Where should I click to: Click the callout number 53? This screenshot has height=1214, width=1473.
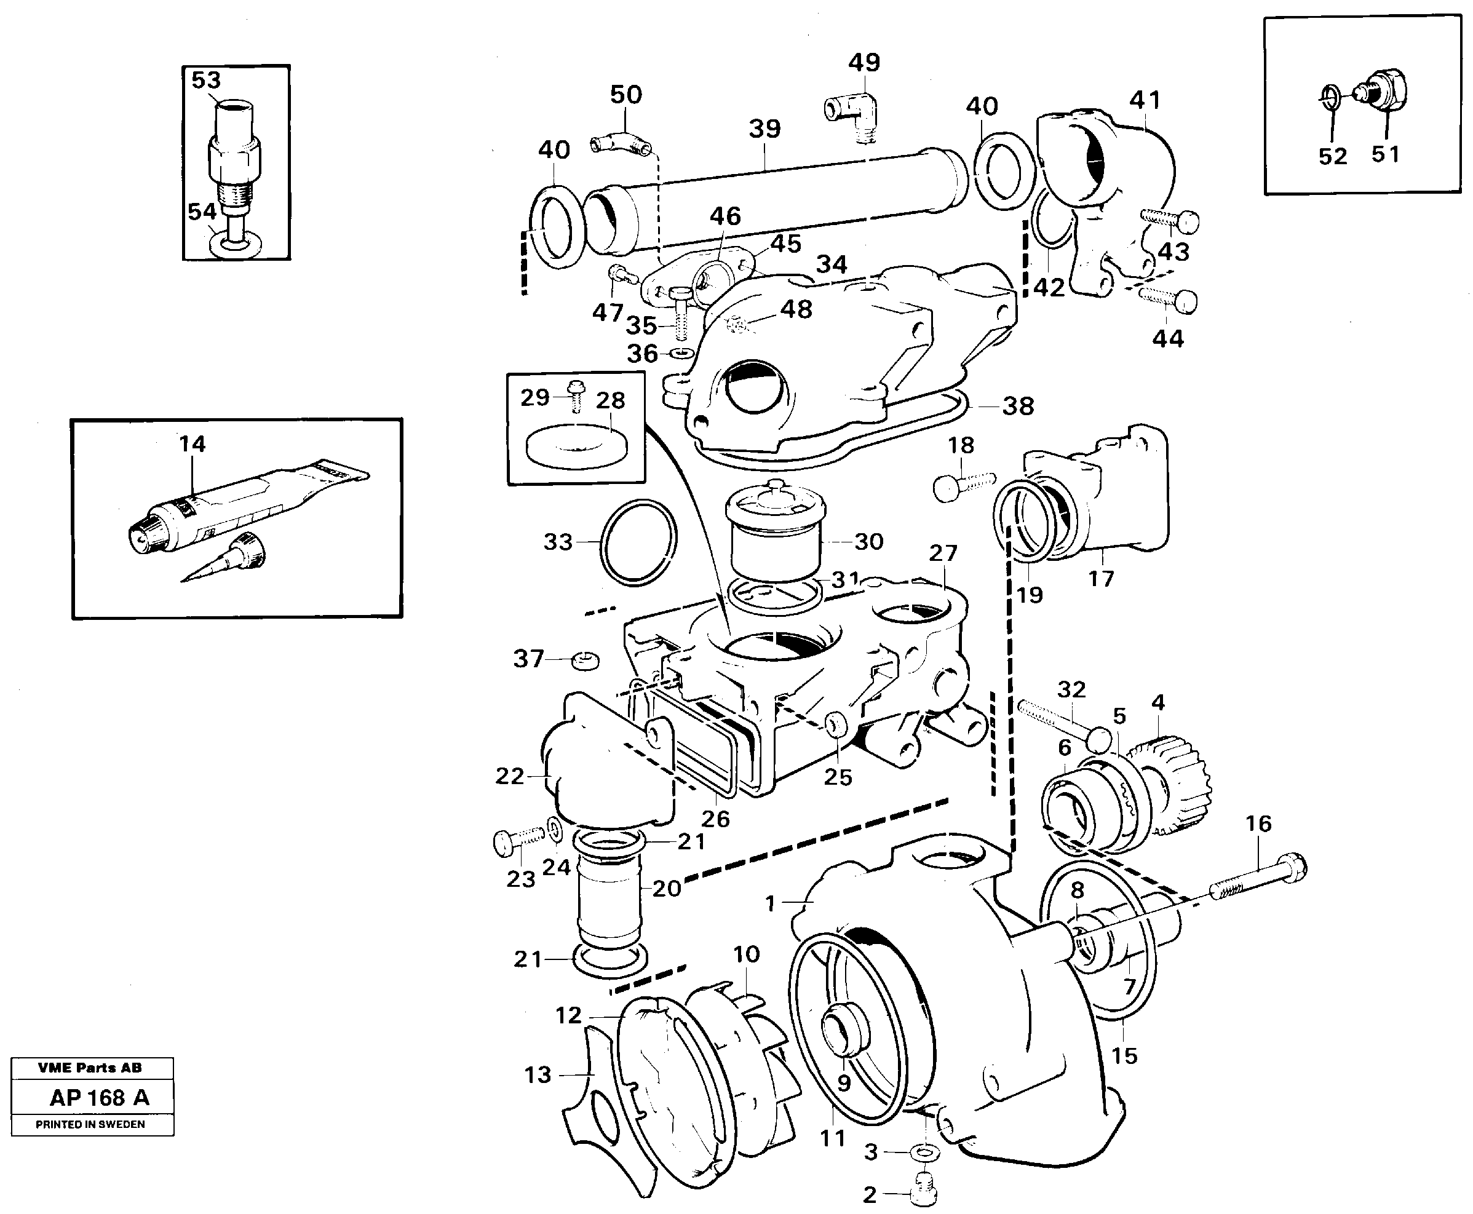click(x=205, y=81)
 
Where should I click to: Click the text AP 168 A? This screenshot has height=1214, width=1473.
click(x=99, y=1098)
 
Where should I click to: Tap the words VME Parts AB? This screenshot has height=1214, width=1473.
click(x=90, y=1068)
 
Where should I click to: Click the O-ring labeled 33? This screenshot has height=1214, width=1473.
click(x=638, y=542)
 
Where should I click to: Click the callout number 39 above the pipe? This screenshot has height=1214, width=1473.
click(x=764, y=129)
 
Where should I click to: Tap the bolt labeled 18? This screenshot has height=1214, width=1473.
click(x=962, y=485)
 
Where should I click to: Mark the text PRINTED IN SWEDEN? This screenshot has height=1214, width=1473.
click(x=90, y=1124)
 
